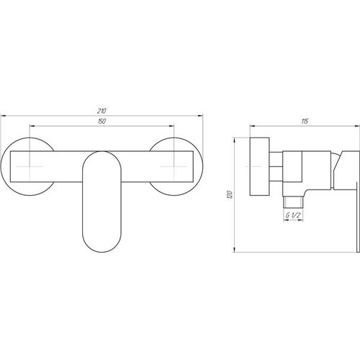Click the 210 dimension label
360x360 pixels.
102,111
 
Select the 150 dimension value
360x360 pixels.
102,122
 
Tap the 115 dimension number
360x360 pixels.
305,122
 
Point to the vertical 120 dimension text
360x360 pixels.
230,194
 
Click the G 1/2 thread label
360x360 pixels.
293,215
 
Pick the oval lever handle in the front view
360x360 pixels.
102,202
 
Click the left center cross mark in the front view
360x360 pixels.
30,166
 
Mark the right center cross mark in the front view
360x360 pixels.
174,166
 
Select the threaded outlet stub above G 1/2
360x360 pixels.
293,202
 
